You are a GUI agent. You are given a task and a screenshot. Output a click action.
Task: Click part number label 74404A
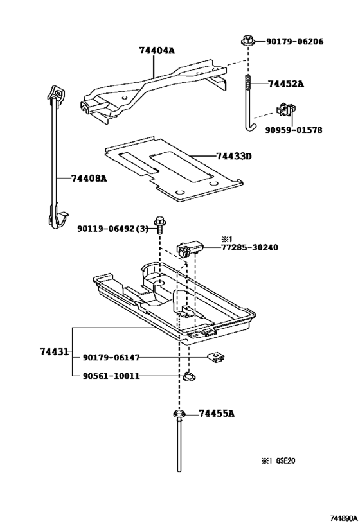click(157, 50)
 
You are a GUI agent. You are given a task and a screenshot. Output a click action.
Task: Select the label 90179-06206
click(294, 42)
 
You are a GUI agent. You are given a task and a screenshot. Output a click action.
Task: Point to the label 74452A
click(286, 84)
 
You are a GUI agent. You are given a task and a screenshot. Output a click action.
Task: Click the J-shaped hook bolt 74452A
click(246, 103)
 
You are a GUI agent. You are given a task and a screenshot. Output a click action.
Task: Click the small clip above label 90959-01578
click(284, 110)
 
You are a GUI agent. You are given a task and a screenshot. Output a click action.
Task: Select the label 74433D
click(234, 156)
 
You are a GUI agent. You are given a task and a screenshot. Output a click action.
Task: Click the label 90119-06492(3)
click(113, 227)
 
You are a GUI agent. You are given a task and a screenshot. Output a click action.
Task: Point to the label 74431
click(54, 351)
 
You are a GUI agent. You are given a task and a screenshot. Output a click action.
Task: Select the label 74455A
click(217, 414)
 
